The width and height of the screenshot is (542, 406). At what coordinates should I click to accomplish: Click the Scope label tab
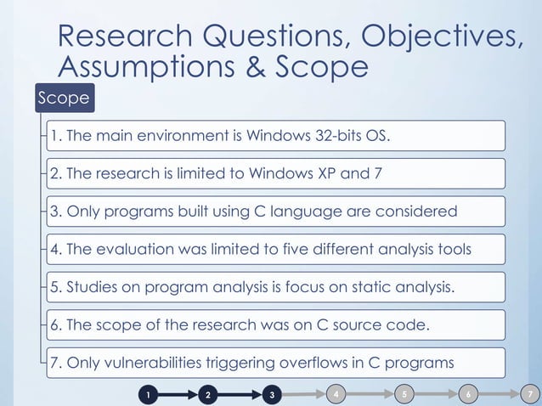63,99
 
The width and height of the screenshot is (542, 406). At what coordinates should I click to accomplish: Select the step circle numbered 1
148,395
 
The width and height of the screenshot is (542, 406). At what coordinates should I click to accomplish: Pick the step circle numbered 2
209,395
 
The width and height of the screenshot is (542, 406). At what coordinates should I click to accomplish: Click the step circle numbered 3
271,395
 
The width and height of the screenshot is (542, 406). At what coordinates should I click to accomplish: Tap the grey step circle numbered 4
338,394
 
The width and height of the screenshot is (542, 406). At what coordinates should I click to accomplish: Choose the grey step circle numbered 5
404,394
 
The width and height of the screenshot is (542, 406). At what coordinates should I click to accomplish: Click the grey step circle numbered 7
530,394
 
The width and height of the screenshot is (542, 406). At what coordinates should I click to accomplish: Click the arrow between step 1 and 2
178,395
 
